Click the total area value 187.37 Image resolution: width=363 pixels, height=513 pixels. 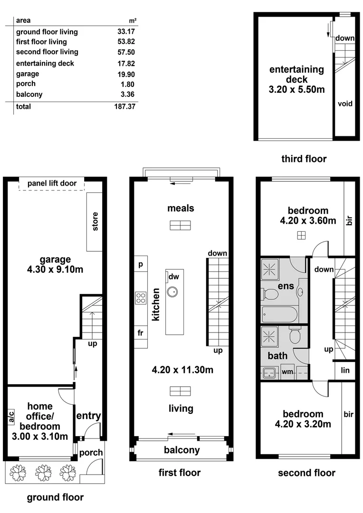[125, 107]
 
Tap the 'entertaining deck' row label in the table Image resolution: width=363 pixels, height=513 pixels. [45, 64]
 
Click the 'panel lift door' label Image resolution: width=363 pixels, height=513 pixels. [51, 183]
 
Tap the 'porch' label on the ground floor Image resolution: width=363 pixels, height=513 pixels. [91, 452]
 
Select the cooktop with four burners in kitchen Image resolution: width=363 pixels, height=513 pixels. [141, 298]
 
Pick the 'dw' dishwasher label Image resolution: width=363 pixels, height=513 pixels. [173, 276]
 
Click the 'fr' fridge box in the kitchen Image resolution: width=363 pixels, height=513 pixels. [141, 333]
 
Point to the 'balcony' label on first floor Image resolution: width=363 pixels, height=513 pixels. [182, 450]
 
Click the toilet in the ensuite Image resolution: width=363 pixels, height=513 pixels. [271, 294]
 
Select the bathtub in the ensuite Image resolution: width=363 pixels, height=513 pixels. [280, 313]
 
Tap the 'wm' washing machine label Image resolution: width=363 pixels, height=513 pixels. [287, 372]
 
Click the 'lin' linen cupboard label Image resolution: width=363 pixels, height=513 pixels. [345, 370]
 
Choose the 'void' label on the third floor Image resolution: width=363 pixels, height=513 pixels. [344, 103]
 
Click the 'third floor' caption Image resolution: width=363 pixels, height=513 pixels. [304, 159]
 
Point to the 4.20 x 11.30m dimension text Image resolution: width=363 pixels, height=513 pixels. [181, 370]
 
